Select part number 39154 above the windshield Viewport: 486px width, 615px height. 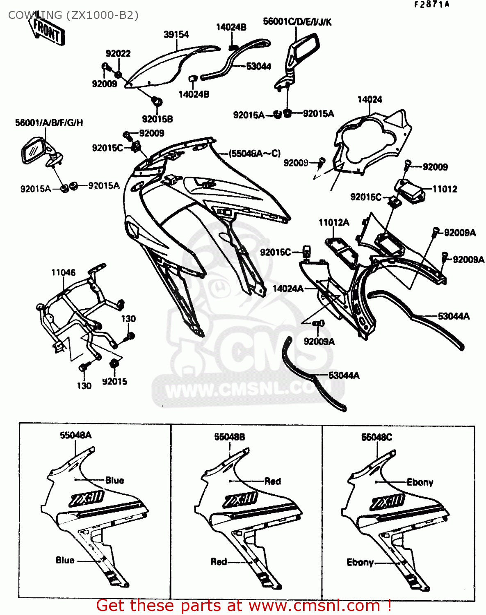[x=176, y=34]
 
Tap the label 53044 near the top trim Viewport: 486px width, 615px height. [x=258, y=66]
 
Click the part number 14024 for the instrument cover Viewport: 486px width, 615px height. [x=370, y=100]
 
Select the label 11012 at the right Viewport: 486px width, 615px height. [x=445, y=189]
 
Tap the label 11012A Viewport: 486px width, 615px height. [x=334, y=223]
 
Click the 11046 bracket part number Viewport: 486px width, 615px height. [x=64, y=273]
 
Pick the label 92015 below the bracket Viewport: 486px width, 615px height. [x=114, y=382]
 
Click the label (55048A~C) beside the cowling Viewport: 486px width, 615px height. [x=254, y=154]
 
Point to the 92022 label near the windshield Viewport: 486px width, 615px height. [x=118, y=54]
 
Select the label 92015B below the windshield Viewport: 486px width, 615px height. [x=157, y=119]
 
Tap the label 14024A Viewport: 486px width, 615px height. [x=288, y=289]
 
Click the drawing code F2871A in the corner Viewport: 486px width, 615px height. [x=432, y=5]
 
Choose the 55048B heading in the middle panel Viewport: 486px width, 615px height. [x=230, y=437]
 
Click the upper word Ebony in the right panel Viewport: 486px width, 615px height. [x=420, y=482]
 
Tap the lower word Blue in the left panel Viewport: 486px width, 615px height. [x=65, y=560]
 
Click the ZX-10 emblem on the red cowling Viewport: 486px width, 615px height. [x=240, y=500]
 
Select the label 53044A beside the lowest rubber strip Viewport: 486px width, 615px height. [x=344, y=376]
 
